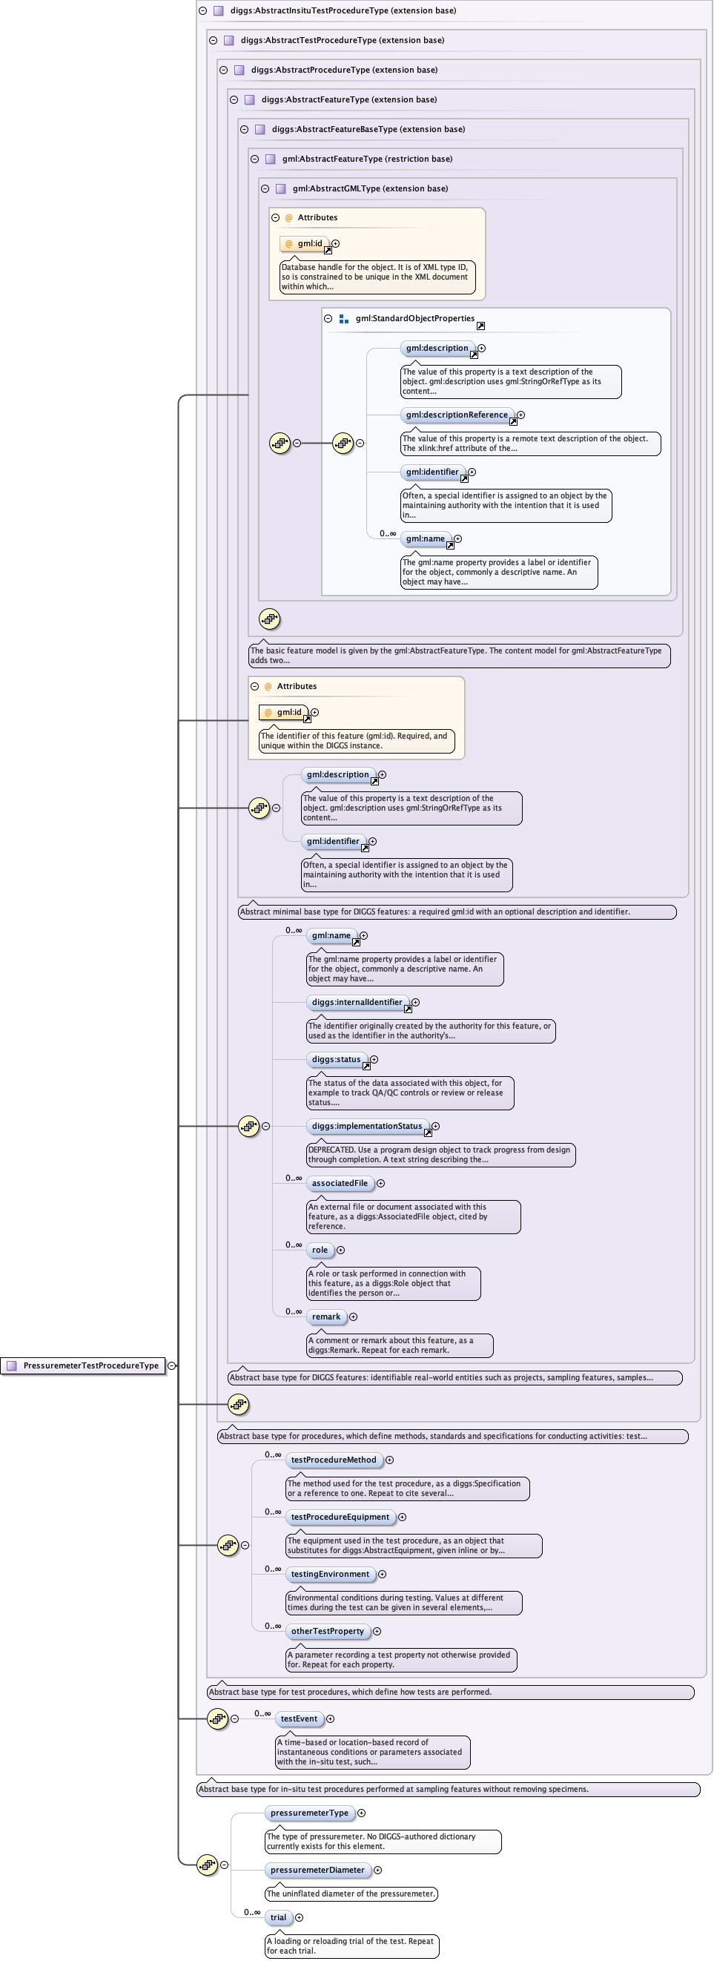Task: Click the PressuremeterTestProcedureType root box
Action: click(x=83, y=1365)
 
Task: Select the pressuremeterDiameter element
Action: click(x=317, y=1871)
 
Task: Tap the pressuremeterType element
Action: click(x=309, y=1813)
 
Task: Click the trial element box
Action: click(x=279, y=1917)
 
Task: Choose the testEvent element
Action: click(x=299, y=1719)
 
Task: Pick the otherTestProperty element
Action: click(x=327, y=1632)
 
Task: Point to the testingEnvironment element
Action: click(x=331, y=1575)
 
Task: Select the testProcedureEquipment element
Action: click(x=340, y=1517)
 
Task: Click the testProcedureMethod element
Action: click(x=334, y=1460)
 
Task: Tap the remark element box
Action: click(x=326, y=1317)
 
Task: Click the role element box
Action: click(x=320, y=1250)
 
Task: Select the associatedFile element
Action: click(x=340, y=1183)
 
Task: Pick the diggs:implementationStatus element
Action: click(x=367, y=1126)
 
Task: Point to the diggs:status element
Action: click(x=337, y=1060)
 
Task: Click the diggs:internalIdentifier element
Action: click(x=357, y=1003)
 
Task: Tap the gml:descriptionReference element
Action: click(x=457, y=415)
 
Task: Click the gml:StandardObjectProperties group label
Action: click(x=415, y=319)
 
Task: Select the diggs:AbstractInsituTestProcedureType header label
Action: click(x=343, y=10)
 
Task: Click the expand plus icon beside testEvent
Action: click(x=331, y=1719)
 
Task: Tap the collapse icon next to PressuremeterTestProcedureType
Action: click(x=172, y=1365)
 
